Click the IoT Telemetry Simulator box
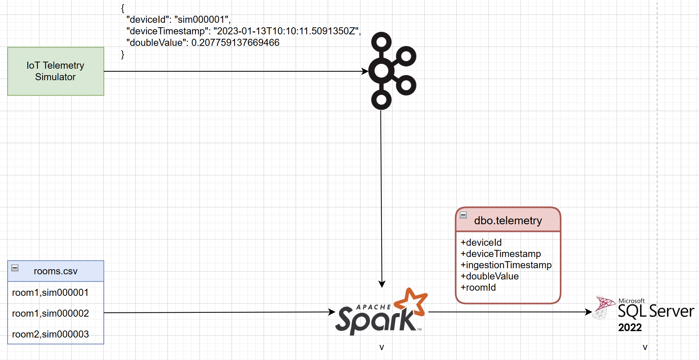click(x=55, y=71)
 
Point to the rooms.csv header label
click(x=55, y=271)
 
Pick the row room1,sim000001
click(x=50, y=293)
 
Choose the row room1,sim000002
click(x=50, y=313)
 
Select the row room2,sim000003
click(x=50, y=334)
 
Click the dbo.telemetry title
click(x=508, y=221)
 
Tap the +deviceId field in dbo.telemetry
click(x=481, y=243)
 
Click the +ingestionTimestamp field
click(x=506, y=265)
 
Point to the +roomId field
click(x=478, y=287)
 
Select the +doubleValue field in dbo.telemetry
click(x=490, y=276)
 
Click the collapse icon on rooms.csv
click(x=15, y=268)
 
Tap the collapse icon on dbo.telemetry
click(x=463, y=215)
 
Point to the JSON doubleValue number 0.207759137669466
click(x=235, y=43)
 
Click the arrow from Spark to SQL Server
click(x=510, y=312)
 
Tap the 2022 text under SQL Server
click(x=630, y=328)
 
